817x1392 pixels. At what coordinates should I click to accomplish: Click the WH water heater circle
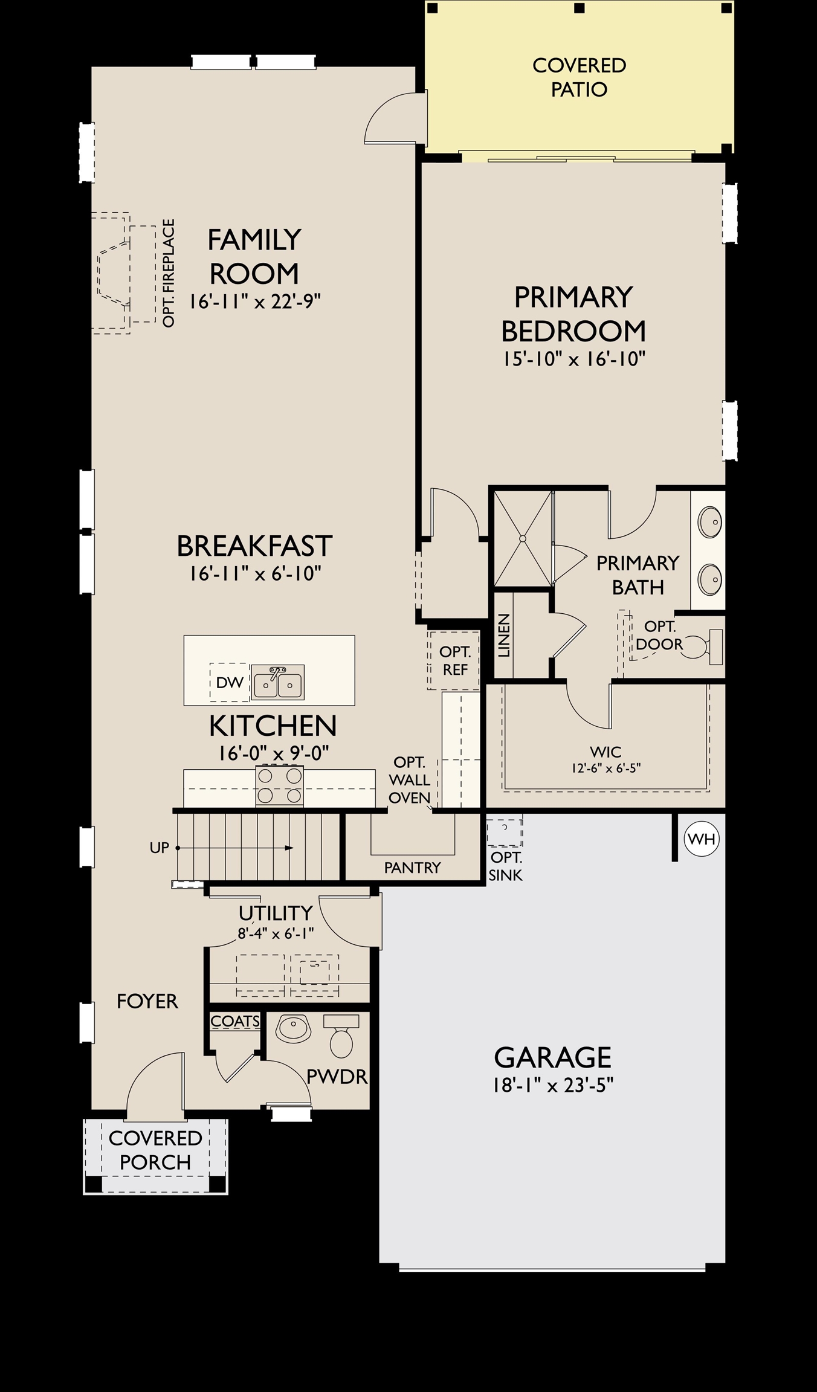pos(702,839)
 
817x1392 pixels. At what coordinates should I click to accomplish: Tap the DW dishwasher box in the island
pos(230,682)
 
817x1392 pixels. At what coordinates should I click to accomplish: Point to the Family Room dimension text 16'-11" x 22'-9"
pos(254,301)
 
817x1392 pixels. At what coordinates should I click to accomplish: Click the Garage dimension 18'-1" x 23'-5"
pos(553,1086)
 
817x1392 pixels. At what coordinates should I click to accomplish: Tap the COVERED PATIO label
pos(579,77)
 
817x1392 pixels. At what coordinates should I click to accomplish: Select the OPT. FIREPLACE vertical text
pos(169,273)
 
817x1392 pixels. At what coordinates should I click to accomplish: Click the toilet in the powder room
pos(341,1035)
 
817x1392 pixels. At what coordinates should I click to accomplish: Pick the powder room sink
pos(292,1028)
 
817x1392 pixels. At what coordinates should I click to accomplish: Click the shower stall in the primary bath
pos(523,538)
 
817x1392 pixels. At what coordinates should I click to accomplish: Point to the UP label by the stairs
pos(160,848)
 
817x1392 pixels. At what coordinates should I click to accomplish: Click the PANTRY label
pos(412,868)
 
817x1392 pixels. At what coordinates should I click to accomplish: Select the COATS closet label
pos(236,1021)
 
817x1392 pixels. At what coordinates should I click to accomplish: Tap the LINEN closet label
pos(504,636)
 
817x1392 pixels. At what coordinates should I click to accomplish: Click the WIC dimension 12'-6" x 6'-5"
pos(605,768)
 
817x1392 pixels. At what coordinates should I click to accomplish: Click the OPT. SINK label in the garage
pos(506,866)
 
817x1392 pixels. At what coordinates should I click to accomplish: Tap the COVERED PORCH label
pos(155,1150)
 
